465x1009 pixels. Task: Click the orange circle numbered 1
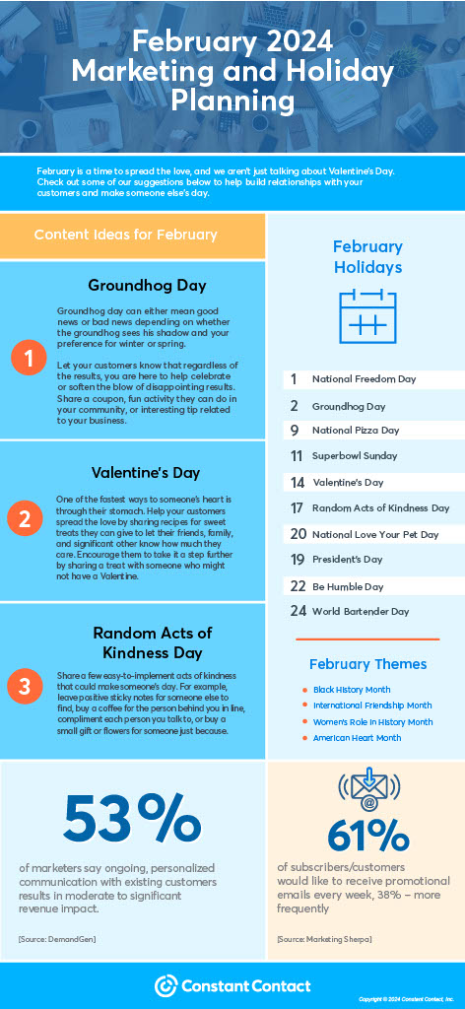coord(29,360)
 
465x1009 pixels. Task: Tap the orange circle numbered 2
coord(29,519)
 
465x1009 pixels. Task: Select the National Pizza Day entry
coord(356,431)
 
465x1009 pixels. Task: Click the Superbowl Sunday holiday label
coord(355,456)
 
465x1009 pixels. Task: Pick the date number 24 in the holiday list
coord(298,611)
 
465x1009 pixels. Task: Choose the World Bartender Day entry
coord(361,611)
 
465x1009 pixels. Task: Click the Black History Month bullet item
coord(352,690)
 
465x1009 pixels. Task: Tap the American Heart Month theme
coord(357,737)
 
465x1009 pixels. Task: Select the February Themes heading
coord(367,664)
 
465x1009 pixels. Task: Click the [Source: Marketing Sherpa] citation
coord(324,939)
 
